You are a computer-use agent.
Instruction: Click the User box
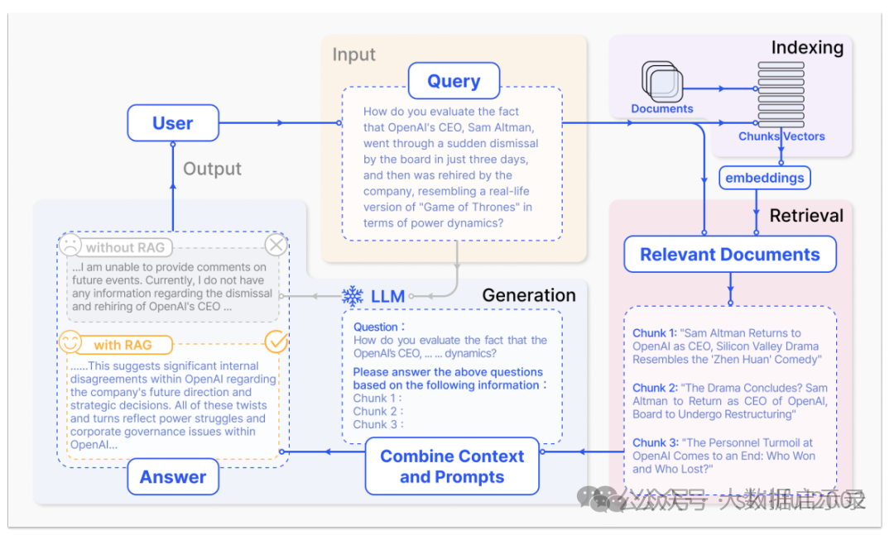[x=172, y=123]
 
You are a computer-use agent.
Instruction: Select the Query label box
[x=454, y=81]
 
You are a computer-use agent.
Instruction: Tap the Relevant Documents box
[x=729, y=255]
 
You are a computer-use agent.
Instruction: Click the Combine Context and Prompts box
[x=452, y=466]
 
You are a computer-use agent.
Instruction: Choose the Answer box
[x=173, y=477]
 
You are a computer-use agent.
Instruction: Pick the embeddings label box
[x=764, y=178]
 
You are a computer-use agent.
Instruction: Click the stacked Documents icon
[x=662, y=83]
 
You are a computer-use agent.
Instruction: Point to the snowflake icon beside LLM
[x=353, y=296]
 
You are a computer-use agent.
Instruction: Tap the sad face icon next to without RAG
[x=70, y=246]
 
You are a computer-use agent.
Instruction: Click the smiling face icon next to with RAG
[x=70, y=343]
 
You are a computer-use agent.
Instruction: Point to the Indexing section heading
[x=806, y=48]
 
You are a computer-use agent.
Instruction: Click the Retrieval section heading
[x=806, y=216]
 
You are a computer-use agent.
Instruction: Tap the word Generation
[x=528, y=295]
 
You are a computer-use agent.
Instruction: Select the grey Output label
[x=212, y=169]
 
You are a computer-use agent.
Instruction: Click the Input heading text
[x=353, y=55]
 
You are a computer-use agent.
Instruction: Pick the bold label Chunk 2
[x=655, y=388]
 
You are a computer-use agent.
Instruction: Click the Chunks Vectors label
[x=781, y=136]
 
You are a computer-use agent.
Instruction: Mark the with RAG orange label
[x=123, y=345]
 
